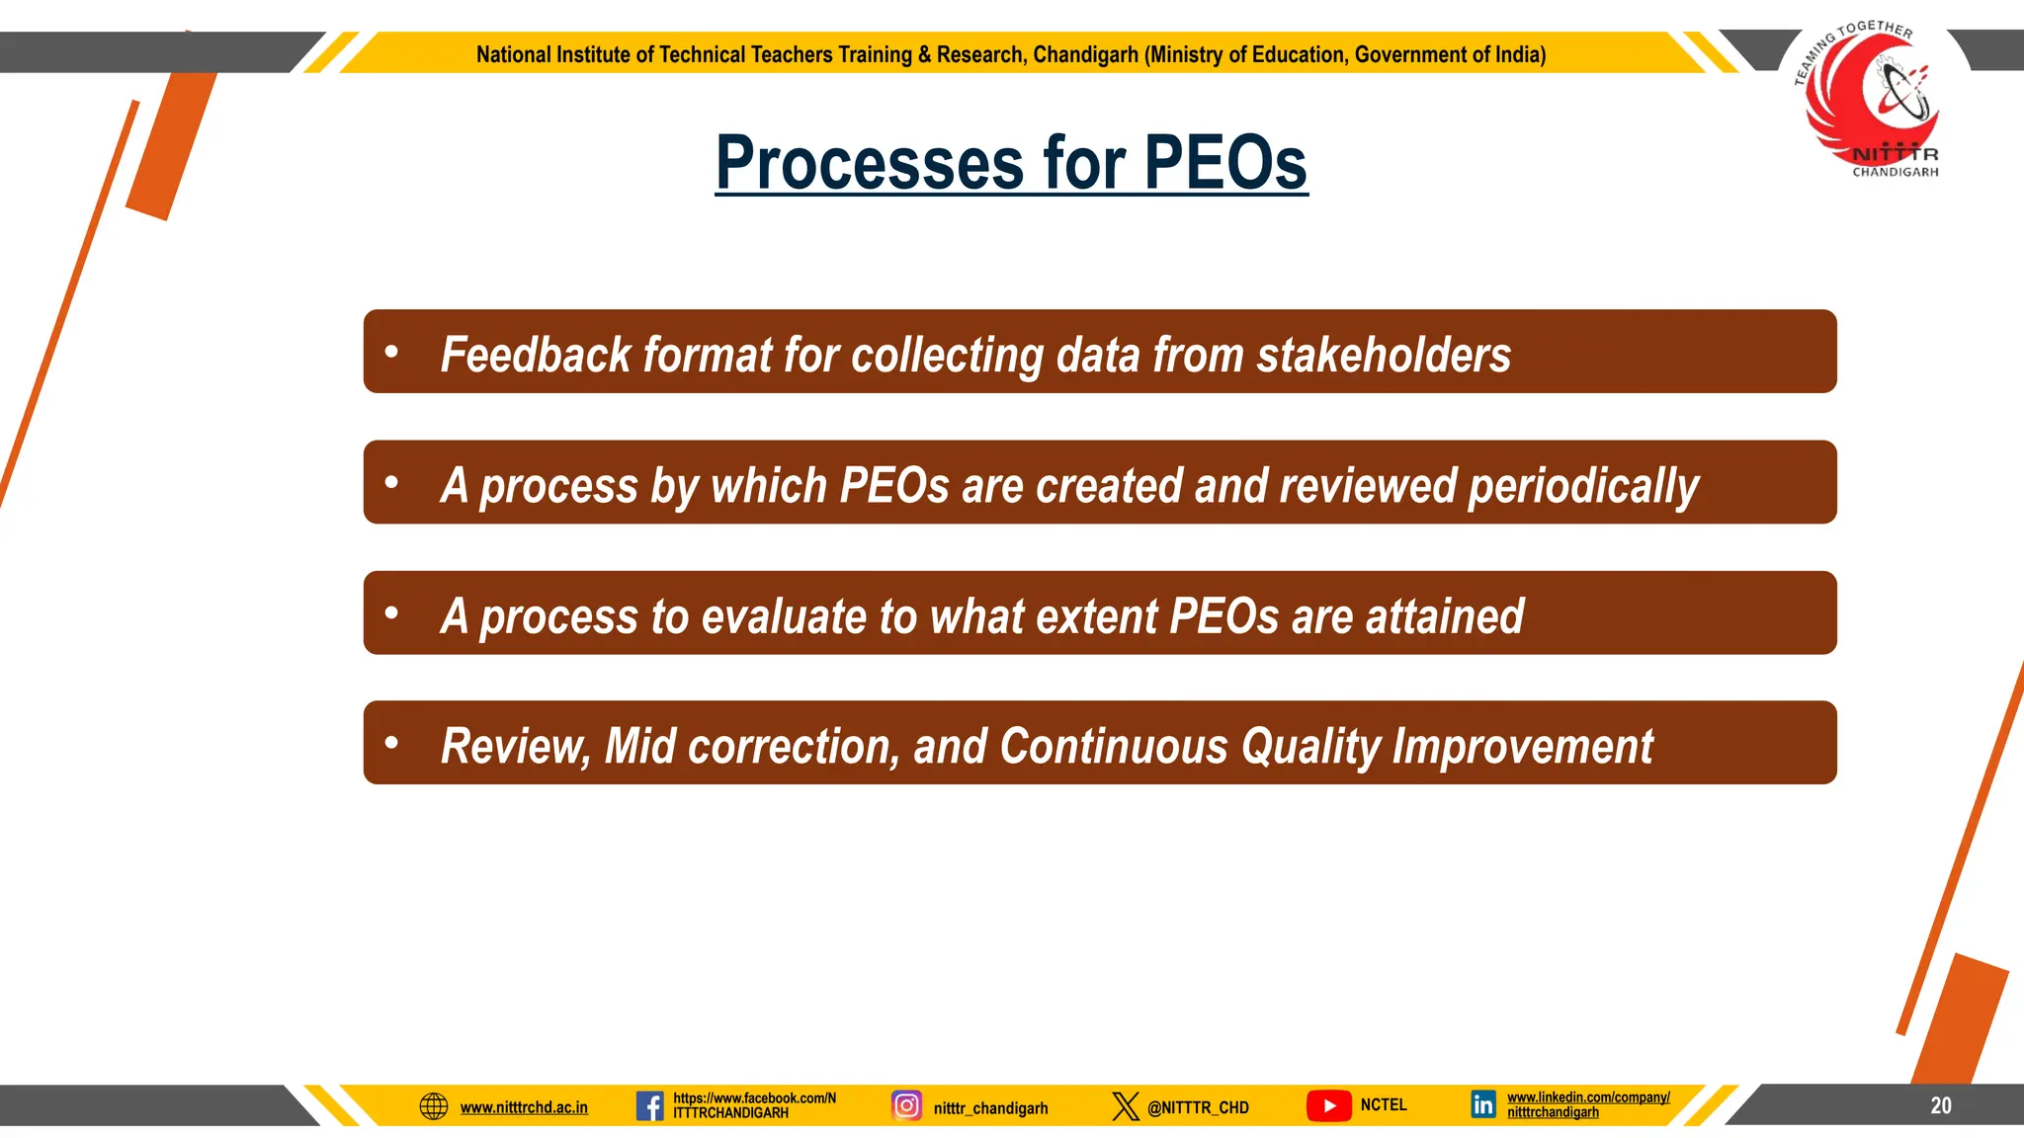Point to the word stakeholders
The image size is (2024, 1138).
tap(1384, 355)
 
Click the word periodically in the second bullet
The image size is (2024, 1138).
tap(1583, 486)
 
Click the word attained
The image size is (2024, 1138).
tap(1445, 616)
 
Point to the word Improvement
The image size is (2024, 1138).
tap(1522, 747)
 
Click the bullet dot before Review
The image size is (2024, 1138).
tap(391, 742)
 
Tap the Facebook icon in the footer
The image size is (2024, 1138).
tap(649, 1105)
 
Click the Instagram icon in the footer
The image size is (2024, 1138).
tap(906, 1104)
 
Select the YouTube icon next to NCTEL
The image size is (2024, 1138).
tap(1328, 1105)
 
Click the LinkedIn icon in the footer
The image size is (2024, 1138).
tap(1482, 1104)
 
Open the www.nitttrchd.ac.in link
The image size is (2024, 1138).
tap(524, 1107)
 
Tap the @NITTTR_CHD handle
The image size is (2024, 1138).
tap(1198, 1107)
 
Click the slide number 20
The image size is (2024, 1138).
tap(1940, 1105)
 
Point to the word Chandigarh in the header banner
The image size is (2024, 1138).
tap(1085, 54)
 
